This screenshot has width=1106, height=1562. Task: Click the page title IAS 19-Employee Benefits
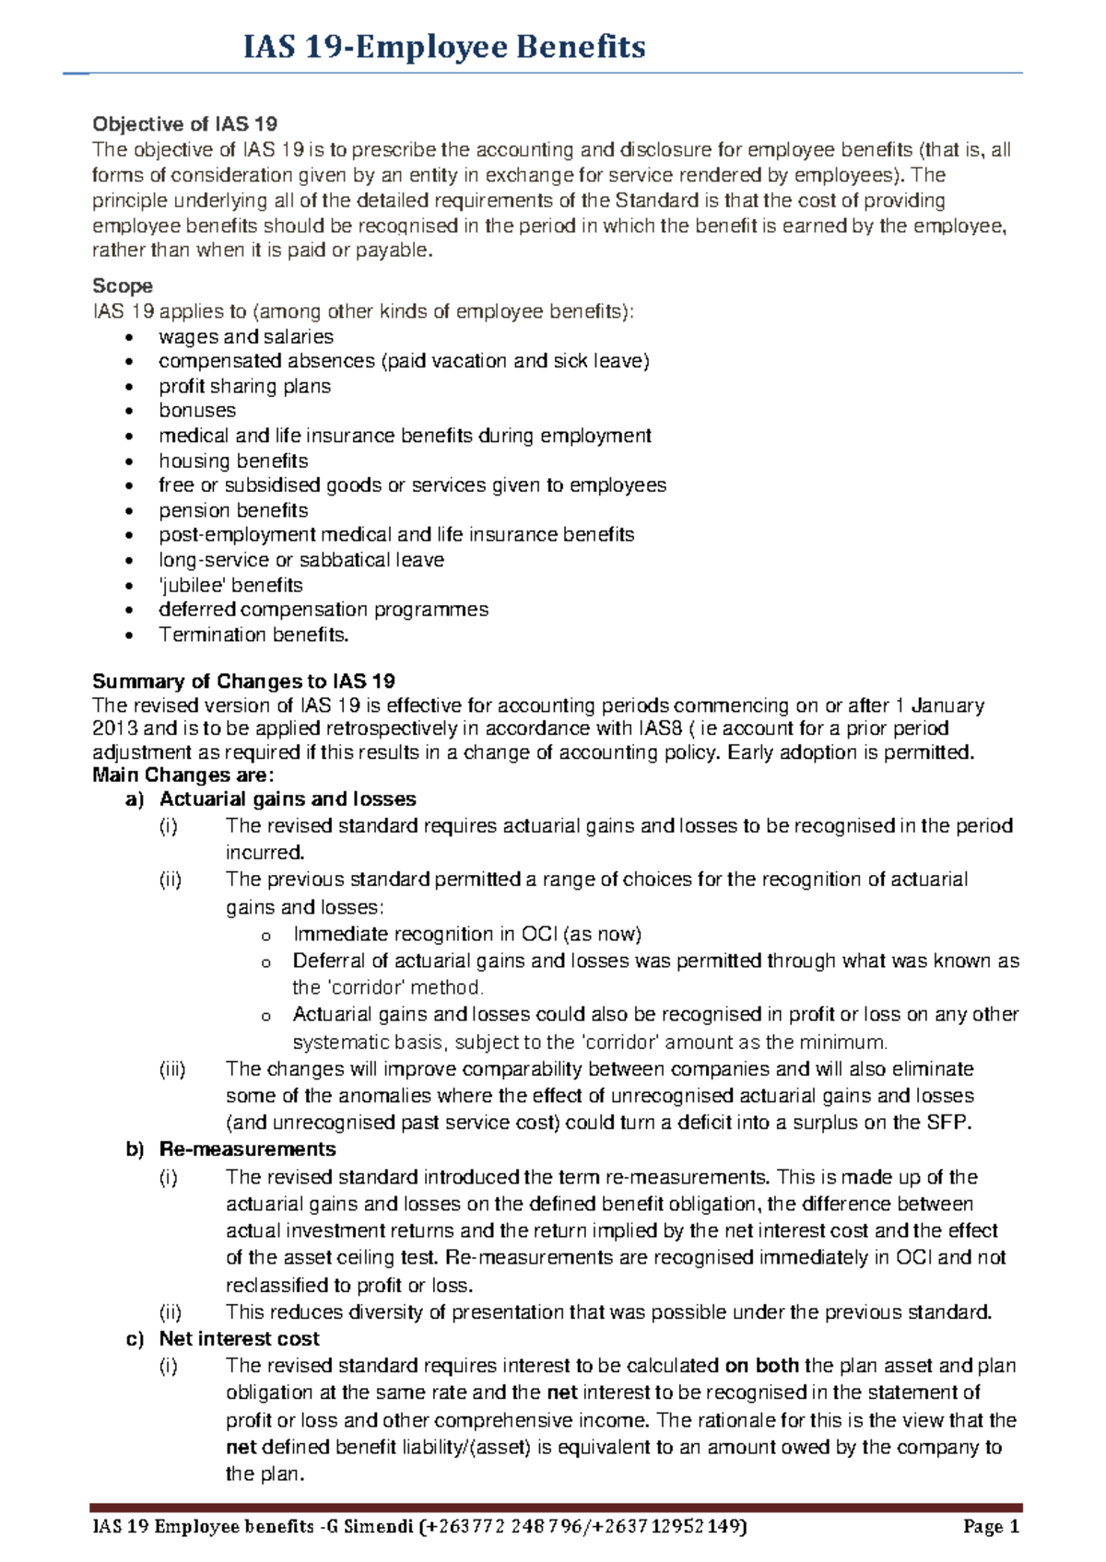[443, 46]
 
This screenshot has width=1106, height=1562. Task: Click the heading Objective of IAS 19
[184, 124]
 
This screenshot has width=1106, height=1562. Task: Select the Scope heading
[122, 286]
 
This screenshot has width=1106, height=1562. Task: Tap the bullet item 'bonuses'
[197, 411]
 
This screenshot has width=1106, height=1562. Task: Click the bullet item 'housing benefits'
[233, 460]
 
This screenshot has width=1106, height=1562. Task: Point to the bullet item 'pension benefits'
[233, 510]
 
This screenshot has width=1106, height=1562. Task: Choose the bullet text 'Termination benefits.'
[253, 635]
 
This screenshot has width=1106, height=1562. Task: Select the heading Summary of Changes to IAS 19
[243, 682]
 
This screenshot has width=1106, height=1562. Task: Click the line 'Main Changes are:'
[182, 775]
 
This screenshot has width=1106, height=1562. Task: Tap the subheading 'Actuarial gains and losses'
[288, 799]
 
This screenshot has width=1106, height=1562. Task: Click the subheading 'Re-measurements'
[247, 1149]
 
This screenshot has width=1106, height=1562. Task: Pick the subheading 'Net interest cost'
[239, 1339]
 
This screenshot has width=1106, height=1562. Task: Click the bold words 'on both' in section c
[762, 1366]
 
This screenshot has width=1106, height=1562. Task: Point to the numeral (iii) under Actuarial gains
[172, 1069]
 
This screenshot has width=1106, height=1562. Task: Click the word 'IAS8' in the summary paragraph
[659, 729]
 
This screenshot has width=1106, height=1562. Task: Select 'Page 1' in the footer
[991, 1527]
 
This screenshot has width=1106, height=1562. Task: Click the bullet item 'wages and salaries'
[245, 337]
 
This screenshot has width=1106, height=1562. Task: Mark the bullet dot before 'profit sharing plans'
[135, 387]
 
